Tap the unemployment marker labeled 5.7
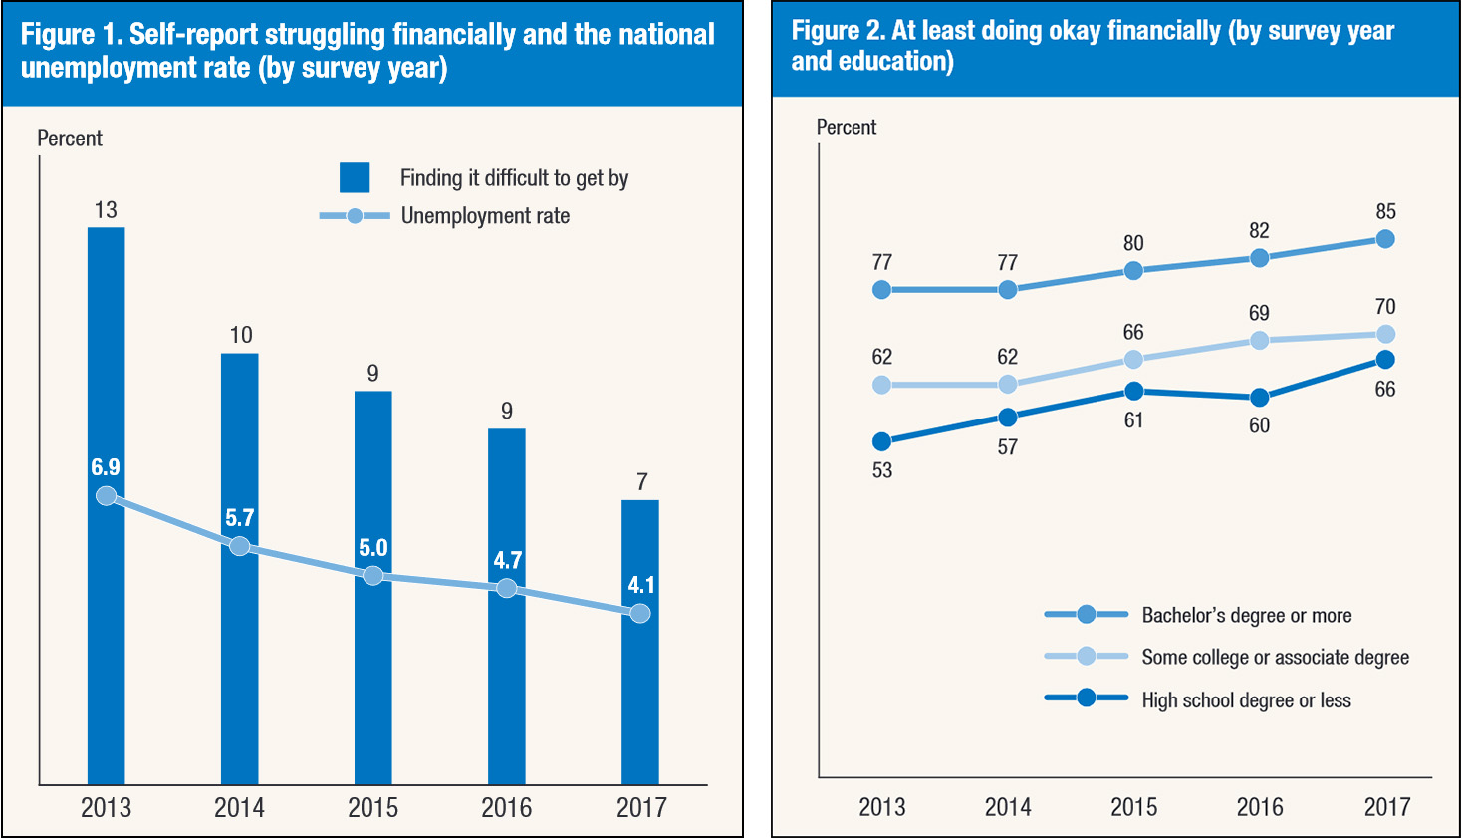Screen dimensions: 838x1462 (x=239, y=546)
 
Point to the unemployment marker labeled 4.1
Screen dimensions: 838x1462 (x=640, y=613)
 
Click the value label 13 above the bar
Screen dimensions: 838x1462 (x=106, y=210)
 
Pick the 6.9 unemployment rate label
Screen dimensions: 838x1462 (x=106, y=467)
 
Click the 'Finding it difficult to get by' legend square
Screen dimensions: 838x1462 (x=355, y=177)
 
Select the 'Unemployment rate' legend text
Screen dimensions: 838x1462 (x=485, y=216)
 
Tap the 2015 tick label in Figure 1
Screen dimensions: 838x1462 (x=372, y=807)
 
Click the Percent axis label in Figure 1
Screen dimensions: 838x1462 (x=70, y=139)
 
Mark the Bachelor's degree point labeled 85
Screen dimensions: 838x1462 (x=1385, y=239)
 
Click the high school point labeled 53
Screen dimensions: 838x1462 (x=881, y=441)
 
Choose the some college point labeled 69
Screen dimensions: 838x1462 (x=1260, y=340)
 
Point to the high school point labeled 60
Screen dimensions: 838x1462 (x=1260, y=398)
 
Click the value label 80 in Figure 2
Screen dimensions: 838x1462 (x=1133, y=243)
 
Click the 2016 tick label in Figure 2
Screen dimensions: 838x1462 (x=1260, y=807)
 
